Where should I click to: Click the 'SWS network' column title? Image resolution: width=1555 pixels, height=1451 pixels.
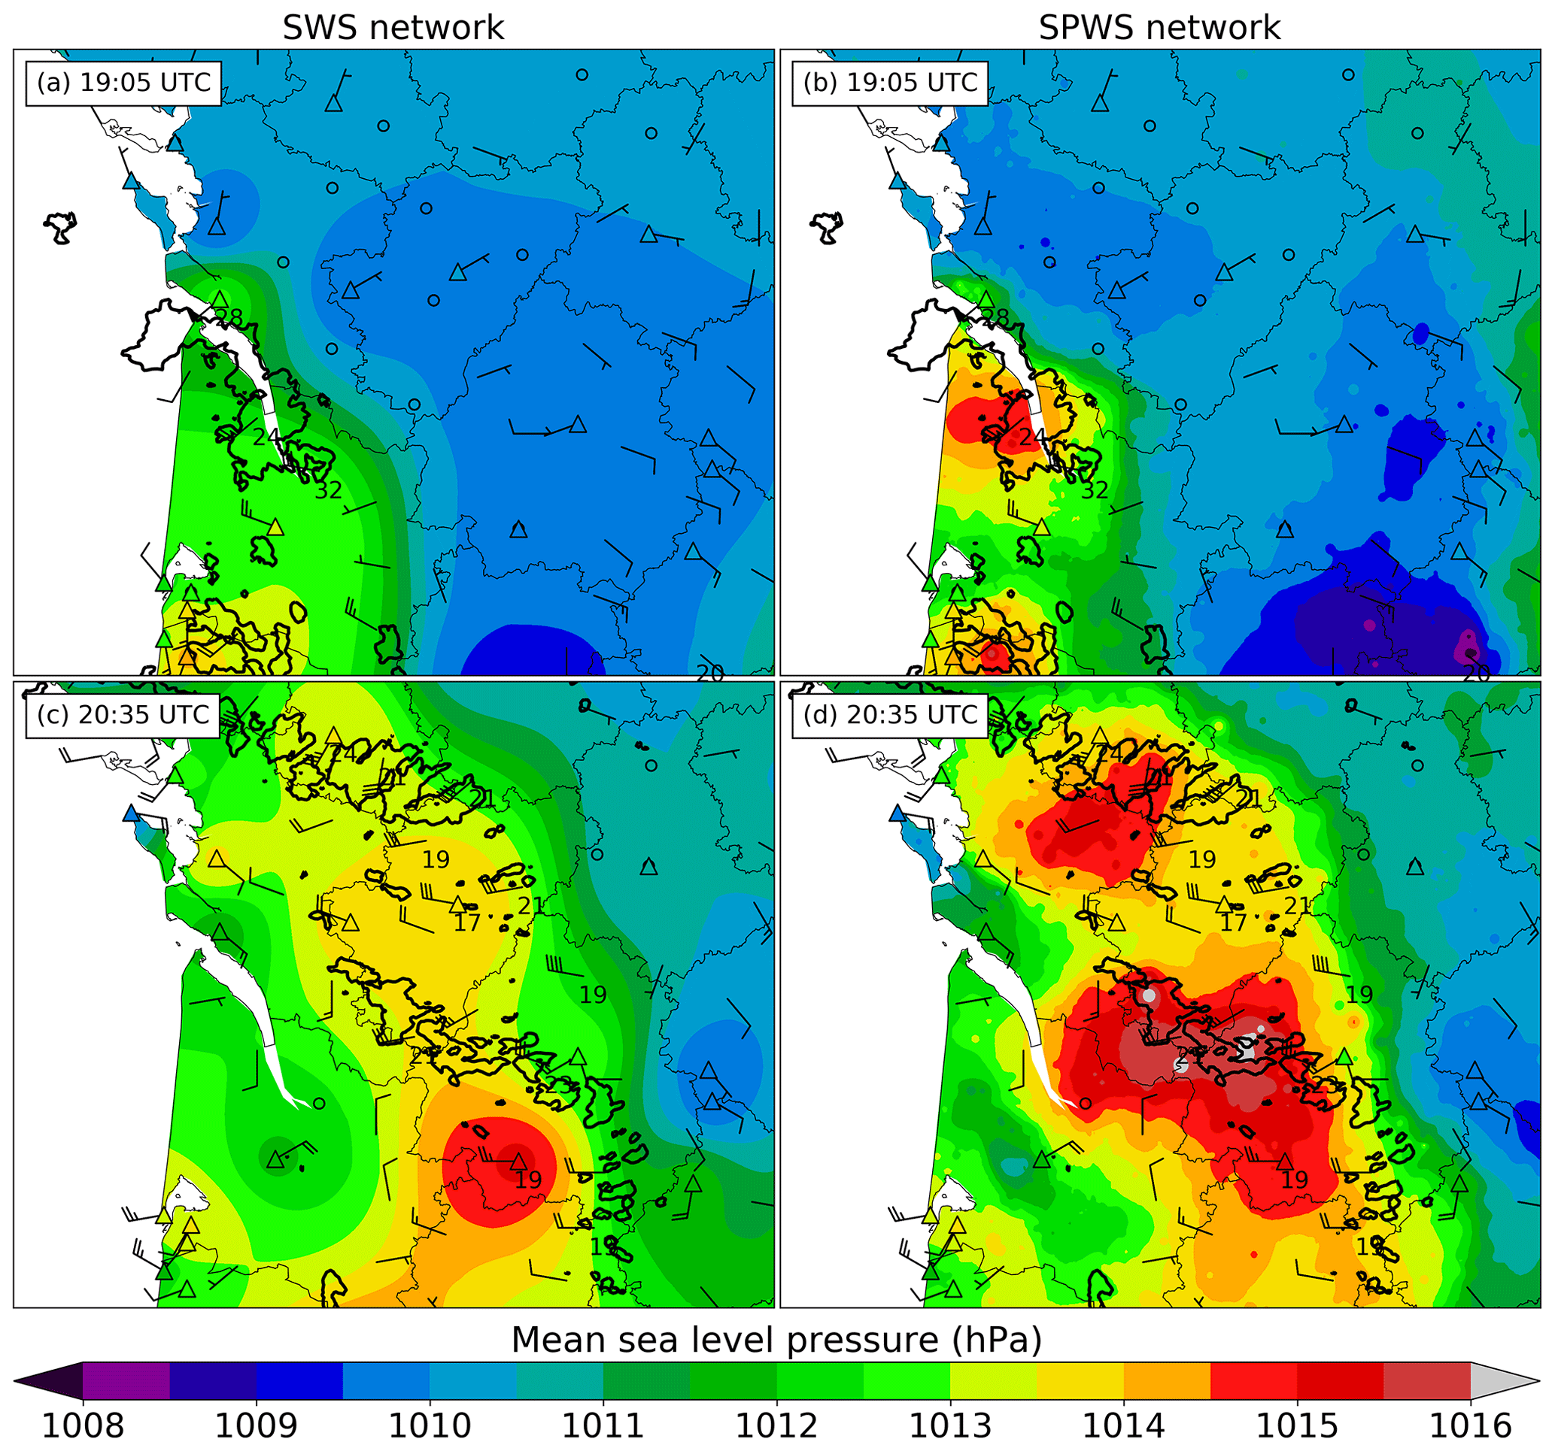tap(393, 28)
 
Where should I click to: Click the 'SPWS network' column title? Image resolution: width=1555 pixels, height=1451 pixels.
tap(1159, 28)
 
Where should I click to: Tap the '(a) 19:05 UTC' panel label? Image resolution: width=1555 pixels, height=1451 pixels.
tap(123, 83)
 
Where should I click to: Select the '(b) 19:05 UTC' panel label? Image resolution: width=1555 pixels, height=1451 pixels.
tap(890, 83)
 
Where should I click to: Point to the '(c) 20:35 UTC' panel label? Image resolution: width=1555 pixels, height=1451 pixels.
tap(123, 714)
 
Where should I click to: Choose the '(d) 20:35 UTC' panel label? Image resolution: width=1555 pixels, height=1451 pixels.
tap(890, 714)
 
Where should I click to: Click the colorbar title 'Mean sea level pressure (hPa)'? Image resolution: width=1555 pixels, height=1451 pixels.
tap(776, 1340)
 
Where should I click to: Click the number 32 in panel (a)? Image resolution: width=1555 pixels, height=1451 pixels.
tap(329, 490)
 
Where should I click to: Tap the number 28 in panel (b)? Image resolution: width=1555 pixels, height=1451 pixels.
tap(996, 317)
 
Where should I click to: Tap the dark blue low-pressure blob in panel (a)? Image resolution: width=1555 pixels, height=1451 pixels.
tap(532, 650)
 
